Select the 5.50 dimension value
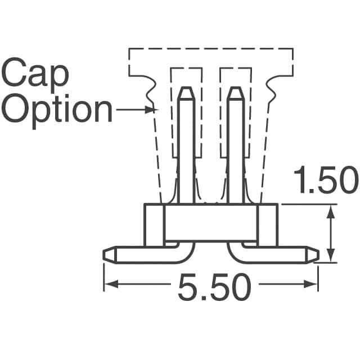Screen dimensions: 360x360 tap(214, 289)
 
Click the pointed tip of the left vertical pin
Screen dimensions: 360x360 tap(186, 88)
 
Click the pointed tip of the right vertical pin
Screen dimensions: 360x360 tap(236, 88)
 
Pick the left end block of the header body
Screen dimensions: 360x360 tap(154, 225)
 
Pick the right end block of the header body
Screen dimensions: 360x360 tap(268, 225)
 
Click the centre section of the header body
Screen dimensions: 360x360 tap(211, 223)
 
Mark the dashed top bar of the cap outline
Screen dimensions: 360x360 tap(211, 49)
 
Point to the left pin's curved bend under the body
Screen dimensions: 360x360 tap(186, 253)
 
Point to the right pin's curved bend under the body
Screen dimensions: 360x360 tap(236, 253)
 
